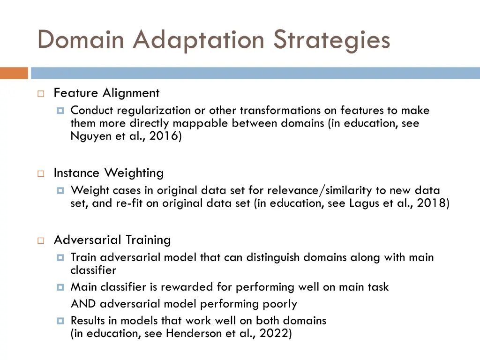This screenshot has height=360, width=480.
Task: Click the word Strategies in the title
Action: coord(331,40)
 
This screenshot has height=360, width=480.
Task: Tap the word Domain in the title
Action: coord(81,40)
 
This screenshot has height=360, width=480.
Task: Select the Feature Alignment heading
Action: coord(106,93)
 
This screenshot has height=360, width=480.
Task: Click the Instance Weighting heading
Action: coord(108,173)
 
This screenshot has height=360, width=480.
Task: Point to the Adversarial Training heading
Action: coord(112,240)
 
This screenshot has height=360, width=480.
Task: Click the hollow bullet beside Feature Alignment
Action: coord(41,94)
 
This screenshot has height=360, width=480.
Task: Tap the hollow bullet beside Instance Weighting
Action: coord(41,173)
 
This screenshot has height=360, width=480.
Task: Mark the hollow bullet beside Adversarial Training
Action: coord(41,240)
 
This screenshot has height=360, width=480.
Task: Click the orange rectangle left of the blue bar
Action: coord(14,73)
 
